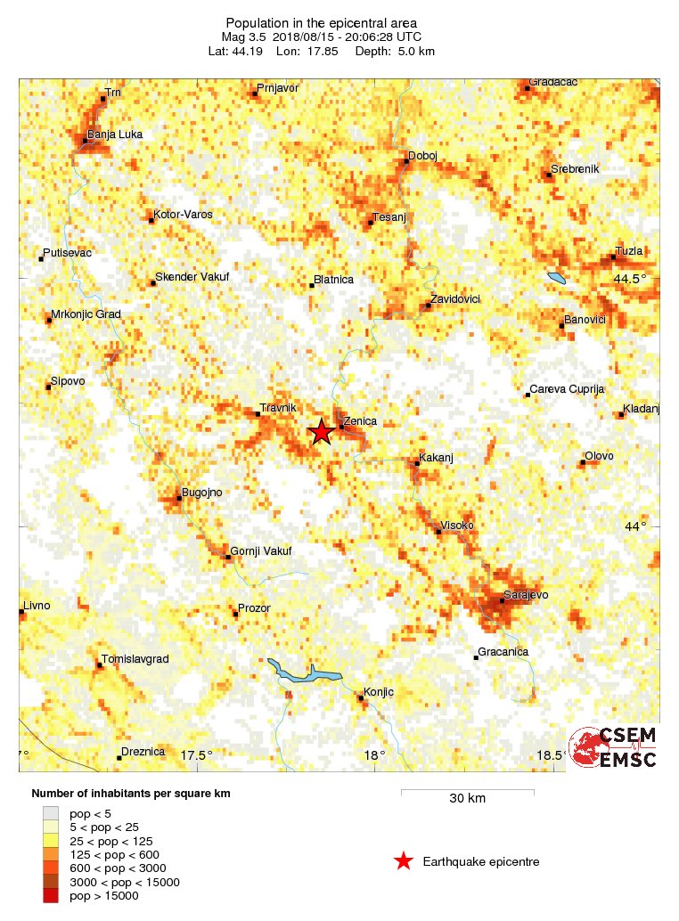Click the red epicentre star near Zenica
[322, 432]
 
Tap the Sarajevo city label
[525, 594]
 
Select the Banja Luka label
[114, 134]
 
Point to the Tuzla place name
[629, 251]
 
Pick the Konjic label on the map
[379, 691]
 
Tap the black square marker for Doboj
[406, 162]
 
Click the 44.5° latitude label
[630, 280]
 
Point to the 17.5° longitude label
[197, 755]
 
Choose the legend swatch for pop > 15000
[52, 896]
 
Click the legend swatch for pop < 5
[52, 812]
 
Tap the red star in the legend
[404, 861]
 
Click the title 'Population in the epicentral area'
[321, 23]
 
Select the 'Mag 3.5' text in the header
[243, 37]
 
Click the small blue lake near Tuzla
[557, 278]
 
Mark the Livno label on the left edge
[37, 606]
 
